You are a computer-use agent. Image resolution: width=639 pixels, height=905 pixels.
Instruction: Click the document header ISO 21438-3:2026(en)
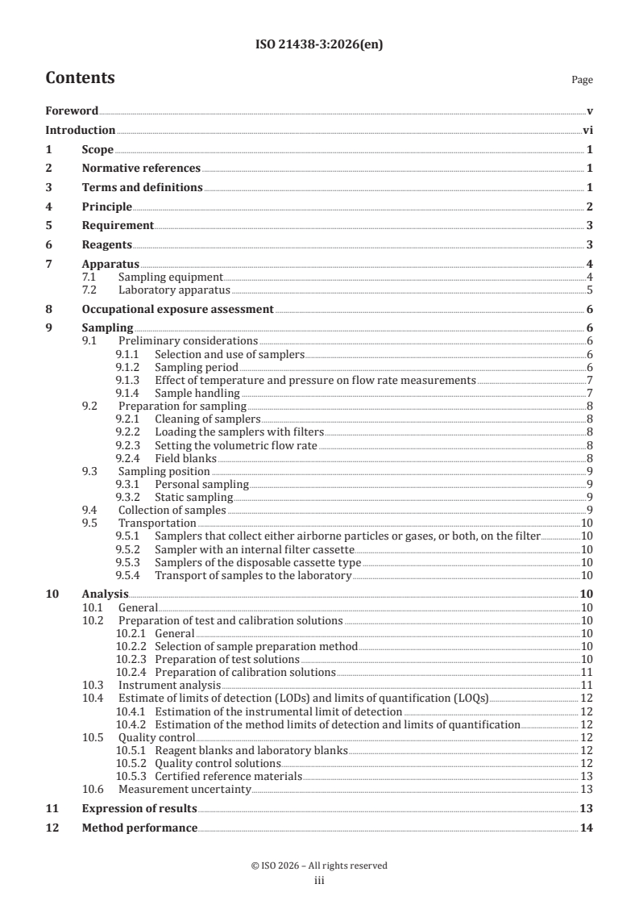pyautogui.click(x=319, y=45)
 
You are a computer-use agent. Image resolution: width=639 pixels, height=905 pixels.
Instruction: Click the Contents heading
pyautogui.click(x=80, y=78)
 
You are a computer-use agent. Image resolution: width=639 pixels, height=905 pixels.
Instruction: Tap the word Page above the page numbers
pyautogui.click(x=582, y=80)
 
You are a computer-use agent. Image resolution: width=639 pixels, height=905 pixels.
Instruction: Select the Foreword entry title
pyautogui.click(x=72, y=111)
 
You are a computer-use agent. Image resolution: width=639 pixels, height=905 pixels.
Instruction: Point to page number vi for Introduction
pyautogui.click(x=588, y=130)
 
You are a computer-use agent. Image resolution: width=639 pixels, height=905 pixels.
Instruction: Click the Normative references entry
pyautogui.click(x=141, y=168)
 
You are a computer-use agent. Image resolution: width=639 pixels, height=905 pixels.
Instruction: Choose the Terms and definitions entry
pyautogui.click(x=142, y=187)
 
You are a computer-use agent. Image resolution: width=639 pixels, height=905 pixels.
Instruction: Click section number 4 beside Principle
pyautogui.click(x=48, y=206)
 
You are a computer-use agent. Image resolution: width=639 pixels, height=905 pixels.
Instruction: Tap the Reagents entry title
pyautogui.click(x=106, y=244)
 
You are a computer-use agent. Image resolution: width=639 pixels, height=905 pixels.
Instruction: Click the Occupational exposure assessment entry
pyautogui.click(x=177, y=309)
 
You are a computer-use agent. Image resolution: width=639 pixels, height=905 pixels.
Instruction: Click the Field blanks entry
pyautogui.click(x=185, y=457)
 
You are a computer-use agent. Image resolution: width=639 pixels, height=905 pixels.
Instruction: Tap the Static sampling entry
pyautogui.click(x=193, y=497)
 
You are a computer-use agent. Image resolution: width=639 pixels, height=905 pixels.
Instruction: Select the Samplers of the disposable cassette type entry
pyautogui.click(x=258, y=561)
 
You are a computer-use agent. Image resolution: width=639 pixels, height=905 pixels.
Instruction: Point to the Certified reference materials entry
pyautogui.click(x=228, y=776)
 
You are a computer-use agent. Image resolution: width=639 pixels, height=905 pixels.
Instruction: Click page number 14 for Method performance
pyautogui.click(x=587, y=828)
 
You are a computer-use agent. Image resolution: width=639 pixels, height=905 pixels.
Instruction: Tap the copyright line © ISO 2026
pyautogui.click(x=319, y=865)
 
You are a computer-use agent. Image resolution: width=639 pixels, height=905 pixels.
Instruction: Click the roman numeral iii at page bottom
pyautogui.click(x=319, y=881)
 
